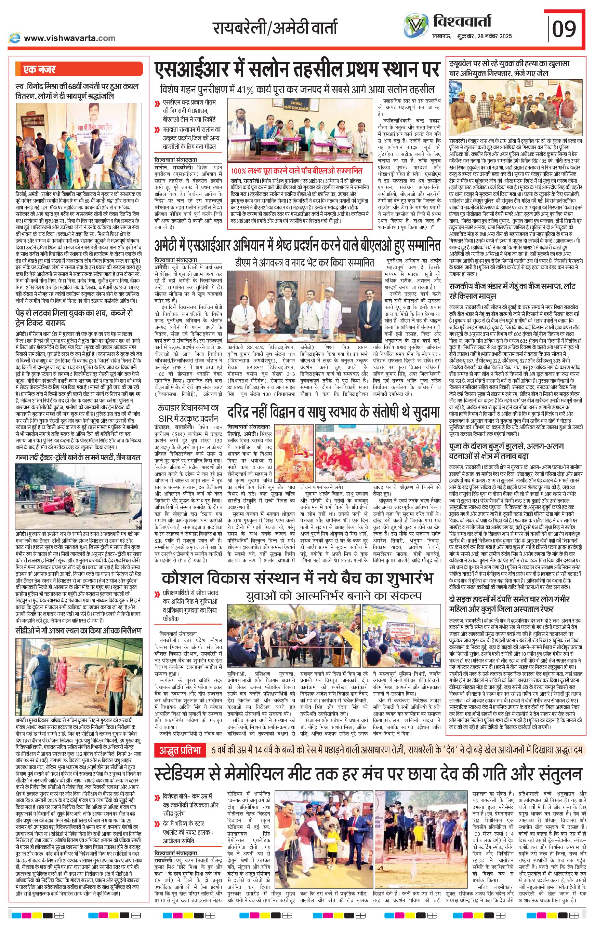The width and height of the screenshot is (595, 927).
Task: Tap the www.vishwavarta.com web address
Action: (69, 38)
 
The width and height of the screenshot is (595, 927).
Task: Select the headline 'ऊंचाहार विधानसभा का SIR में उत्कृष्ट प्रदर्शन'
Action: (188, 413)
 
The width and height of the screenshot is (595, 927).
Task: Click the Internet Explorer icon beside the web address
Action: (15, 38)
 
